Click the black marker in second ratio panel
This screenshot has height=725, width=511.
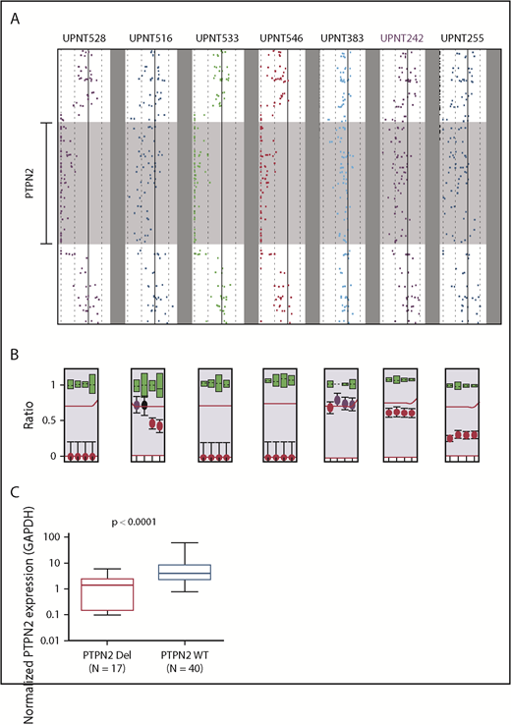144,405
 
